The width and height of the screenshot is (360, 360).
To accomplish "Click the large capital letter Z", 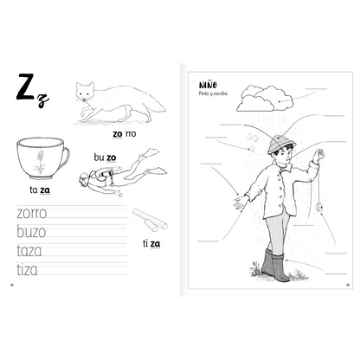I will pyautogui.click(x=26, y=88).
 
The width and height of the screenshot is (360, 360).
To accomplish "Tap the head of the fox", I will pyautogui.click(x=85, y=92).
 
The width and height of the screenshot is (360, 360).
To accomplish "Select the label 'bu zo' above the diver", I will pyautogui.click(x=105, y=157).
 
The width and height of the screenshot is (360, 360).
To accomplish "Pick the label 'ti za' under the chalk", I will pyautogui.click(x=151, y=243).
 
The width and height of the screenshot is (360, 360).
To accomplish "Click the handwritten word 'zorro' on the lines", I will pyautogui.click(x=31, y=212).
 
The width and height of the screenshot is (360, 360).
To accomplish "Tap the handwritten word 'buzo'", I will pyautogui.click(x=31, y=231).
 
